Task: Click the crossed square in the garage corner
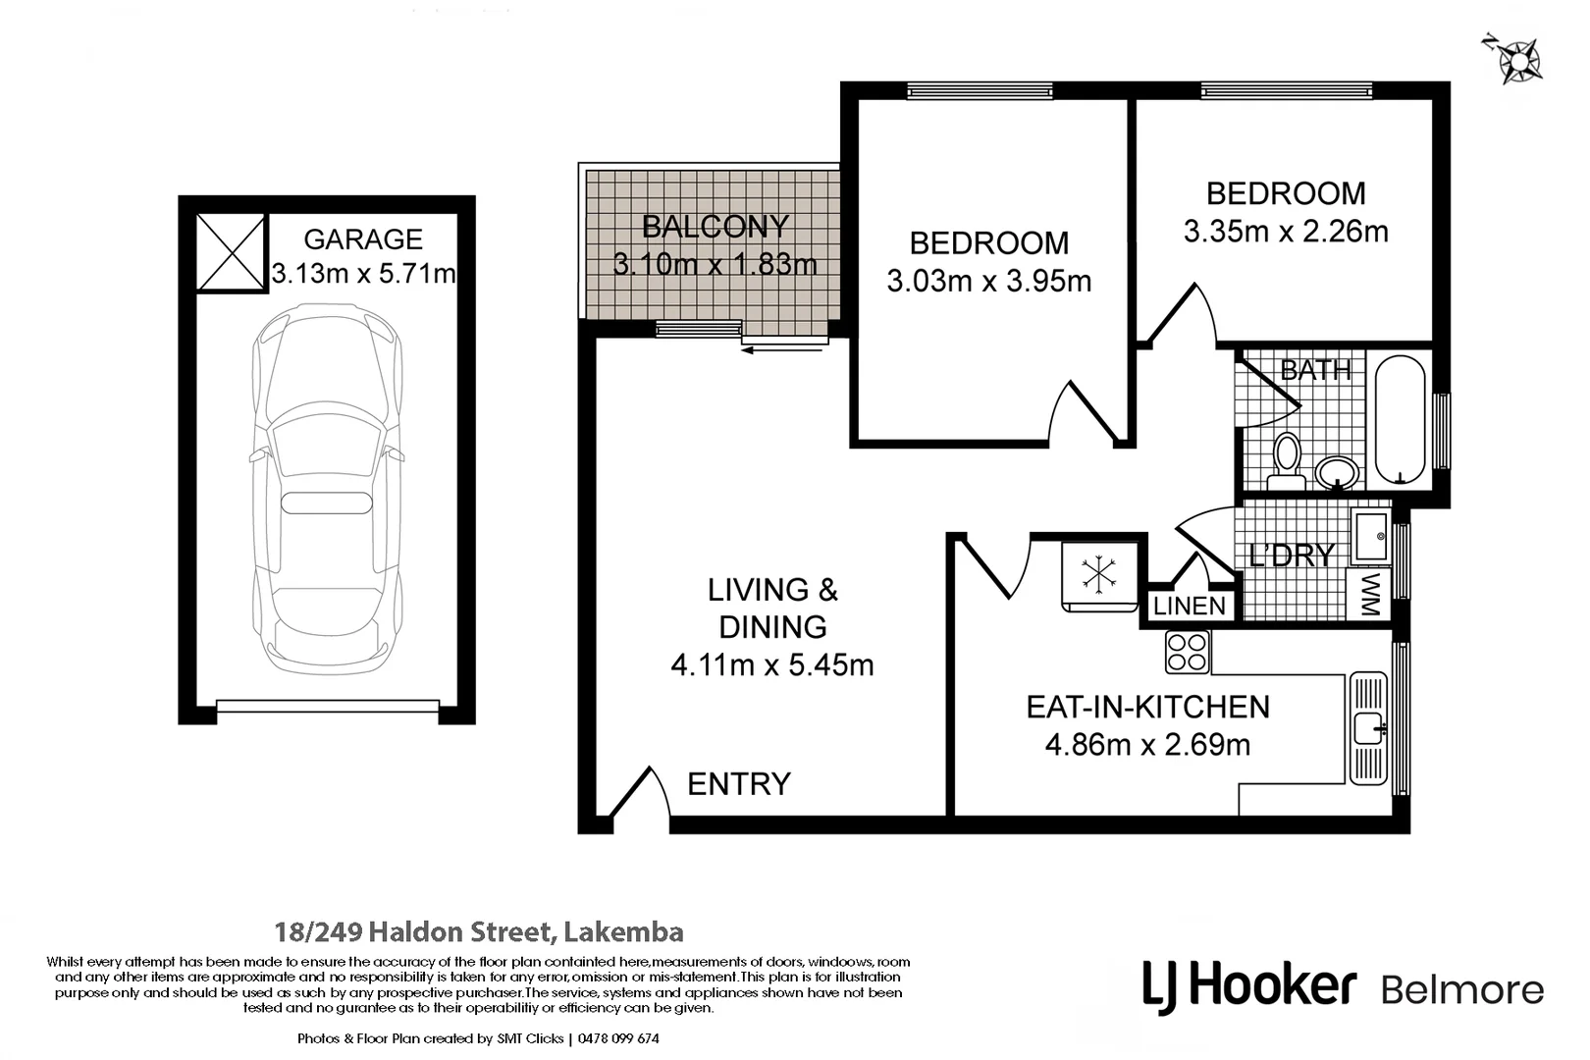(231, 252)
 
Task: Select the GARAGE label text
(363, 239)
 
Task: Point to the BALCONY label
(715, 227)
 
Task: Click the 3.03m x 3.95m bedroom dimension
(988, 282)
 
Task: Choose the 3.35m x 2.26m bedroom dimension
(1285, 232)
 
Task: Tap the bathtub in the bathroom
(1400, 420)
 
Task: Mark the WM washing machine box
(1370, 594)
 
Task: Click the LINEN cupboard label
(1190, 607)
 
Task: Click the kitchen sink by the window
(1368, 728)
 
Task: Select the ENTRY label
(738, 784)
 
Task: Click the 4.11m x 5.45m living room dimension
(771, 665)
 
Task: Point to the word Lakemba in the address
(624, 931)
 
